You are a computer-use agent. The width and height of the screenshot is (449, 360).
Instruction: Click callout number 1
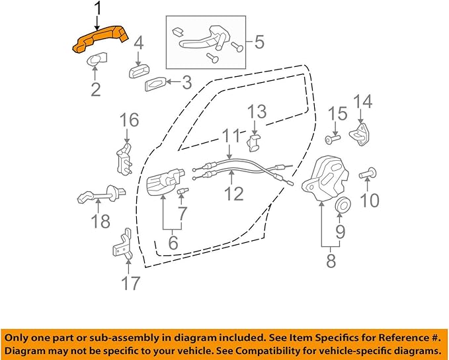coord(98,9)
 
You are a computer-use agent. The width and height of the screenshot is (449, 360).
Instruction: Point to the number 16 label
coord(130,120)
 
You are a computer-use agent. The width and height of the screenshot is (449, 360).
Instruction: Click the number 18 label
coord(101,220)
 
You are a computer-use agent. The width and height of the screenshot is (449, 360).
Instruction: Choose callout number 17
coord(131,283)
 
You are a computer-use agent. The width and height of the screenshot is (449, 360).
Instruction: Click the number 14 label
coord(363,102)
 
